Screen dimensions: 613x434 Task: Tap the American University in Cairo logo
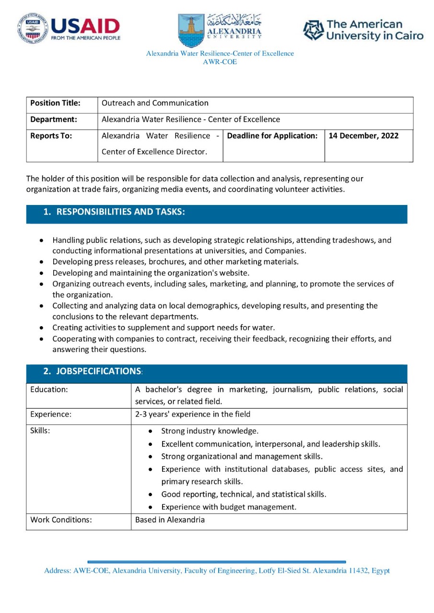364,30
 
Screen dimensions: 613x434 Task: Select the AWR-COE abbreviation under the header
220,62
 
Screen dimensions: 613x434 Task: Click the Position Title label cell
55,103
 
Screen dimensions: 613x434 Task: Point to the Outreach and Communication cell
155,103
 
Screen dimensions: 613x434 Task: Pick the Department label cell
53,119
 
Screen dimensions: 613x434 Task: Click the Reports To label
51,136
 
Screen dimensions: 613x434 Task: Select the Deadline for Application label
272,136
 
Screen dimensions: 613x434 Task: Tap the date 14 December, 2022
364,136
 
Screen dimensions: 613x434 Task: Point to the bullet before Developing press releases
43,262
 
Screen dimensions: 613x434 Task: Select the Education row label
49,389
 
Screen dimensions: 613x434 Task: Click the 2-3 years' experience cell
193,414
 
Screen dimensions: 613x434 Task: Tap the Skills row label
40,431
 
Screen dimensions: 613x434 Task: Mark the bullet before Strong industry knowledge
151,431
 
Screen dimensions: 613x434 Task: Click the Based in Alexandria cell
170,520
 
